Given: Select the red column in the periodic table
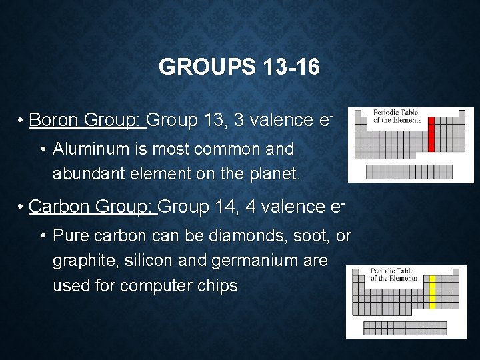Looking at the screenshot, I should point(431,134).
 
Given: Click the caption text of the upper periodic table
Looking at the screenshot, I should point(397,117).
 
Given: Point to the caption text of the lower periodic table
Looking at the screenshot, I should point(393,275).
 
